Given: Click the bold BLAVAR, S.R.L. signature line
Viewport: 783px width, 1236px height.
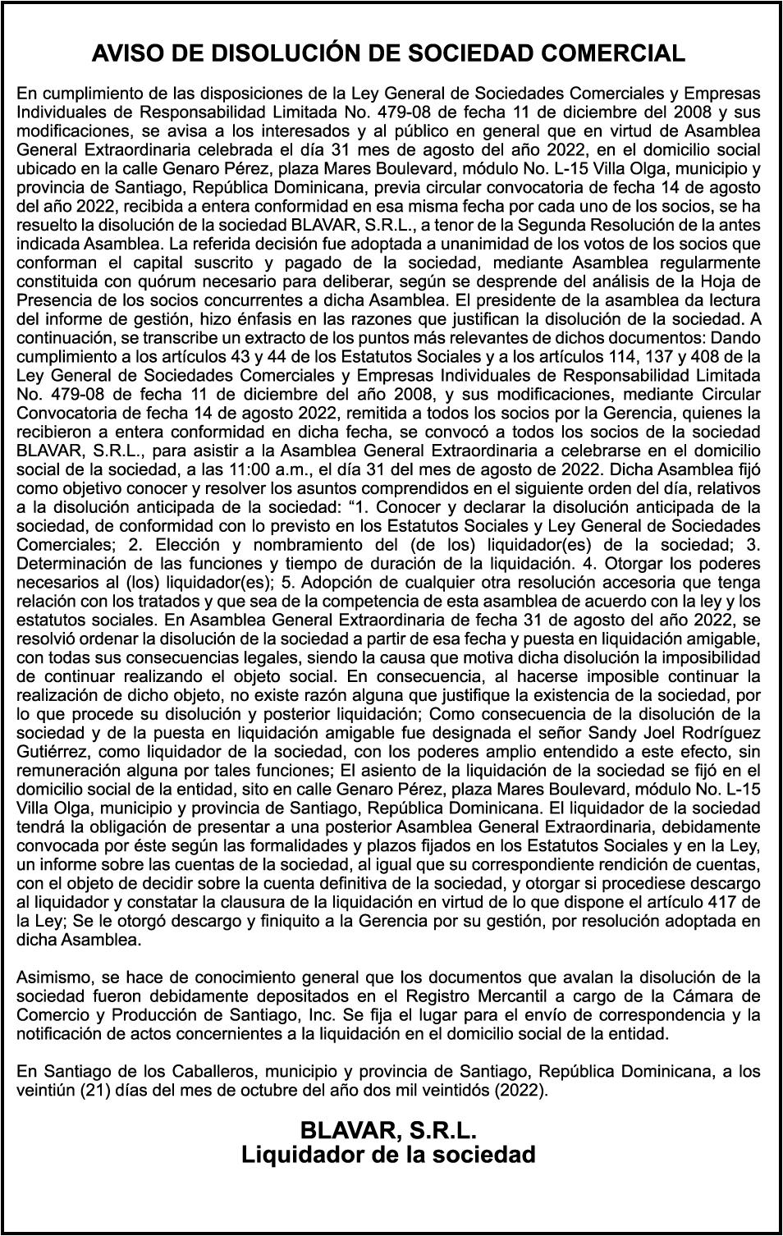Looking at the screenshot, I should click(388, 1130).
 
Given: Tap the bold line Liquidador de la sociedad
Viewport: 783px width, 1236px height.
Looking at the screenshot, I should click(388, 1156).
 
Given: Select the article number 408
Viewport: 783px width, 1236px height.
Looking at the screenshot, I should click(692, 356).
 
